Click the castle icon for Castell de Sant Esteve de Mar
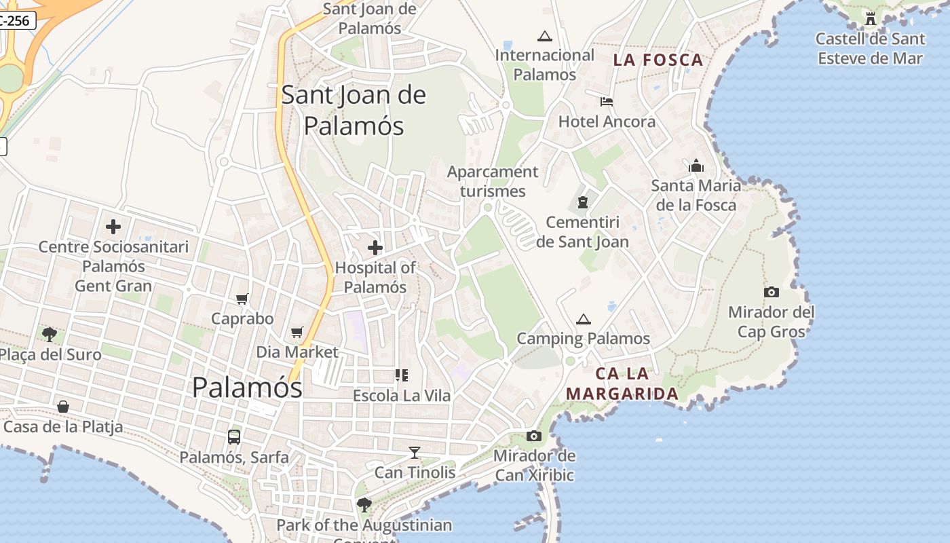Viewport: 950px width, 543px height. [871, 18]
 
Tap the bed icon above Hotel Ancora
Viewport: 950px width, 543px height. [607, 102]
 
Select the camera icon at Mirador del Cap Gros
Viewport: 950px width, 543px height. [771, 292]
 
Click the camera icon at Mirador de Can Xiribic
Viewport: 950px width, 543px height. [534, 436]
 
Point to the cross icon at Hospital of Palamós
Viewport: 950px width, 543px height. [375, 248]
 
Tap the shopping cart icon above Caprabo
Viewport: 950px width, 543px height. [242, 299]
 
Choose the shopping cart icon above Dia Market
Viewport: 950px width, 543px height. [297, 332]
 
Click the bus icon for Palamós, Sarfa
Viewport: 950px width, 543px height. [234, 437]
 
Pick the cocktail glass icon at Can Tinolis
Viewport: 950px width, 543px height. [415, 452]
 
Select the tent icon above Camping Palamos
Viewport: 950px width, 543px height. [583, 319]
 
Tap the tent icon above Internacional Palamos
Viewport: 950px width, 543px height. [544, 36]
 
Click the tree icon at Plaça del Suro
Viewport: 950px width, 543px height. [49, 334]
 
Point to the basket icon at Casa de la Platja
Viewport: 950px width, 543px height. [63, 407]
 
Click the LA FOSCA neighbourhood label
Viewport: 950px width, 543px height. [658, 60]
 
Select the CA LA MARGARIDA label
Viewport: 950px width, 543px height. [622, 383]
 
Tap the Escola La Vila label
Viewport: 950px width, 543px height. [402, 395]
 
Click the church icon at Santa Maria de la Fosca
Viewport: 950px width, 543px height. [696, 166]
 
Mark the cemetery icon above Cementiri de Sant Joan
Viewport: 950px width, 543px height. [582, 202]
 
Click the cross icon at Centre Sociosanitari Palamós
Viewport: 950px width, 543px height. [113, 227]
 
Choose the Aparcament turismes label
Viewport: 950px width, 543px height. [493, 181]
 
